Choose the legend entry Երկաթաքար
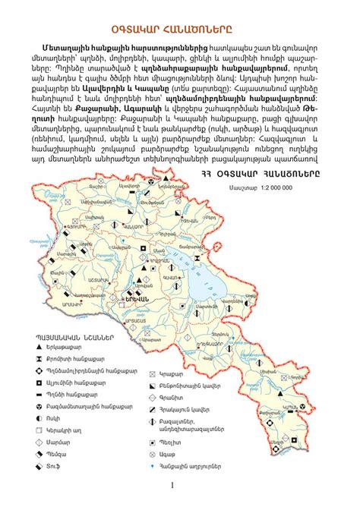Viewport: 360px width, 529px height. click(77, 347)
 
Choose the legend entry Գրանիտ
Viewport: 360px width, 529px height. click(193, 398)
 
